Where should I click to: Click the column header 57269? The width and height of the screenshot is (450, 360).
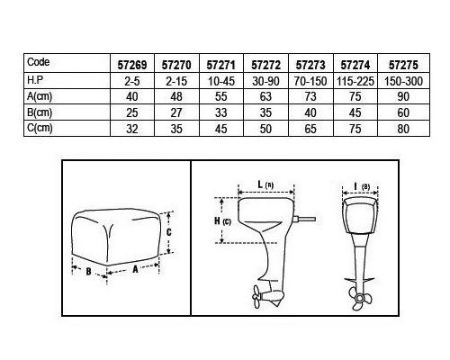click(132, 65)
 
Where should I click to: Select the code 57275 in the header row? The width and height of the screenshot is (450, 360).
click(403, 65)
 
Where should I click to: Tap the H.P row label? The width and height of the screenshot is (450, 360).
click(35, 80)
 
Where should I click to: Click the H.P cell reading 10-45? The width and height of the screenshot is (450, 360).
click(221, 81)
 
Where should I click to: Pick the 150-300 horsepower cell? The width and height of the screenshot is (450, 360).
click(403, 81)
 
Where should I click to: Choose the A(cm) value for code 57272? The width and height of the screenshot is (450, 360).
click(265, 97)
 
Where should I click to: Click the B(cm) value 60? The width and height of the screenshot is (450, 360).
click(403, 112)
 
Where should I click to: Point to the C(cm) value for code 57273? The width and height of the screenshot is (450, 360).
click(310, 129)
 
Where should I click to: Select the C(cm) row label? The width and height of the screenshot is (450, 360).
click(40, 128)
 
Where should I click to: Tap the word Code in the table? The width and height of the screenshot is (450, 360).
click(38, 62)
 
